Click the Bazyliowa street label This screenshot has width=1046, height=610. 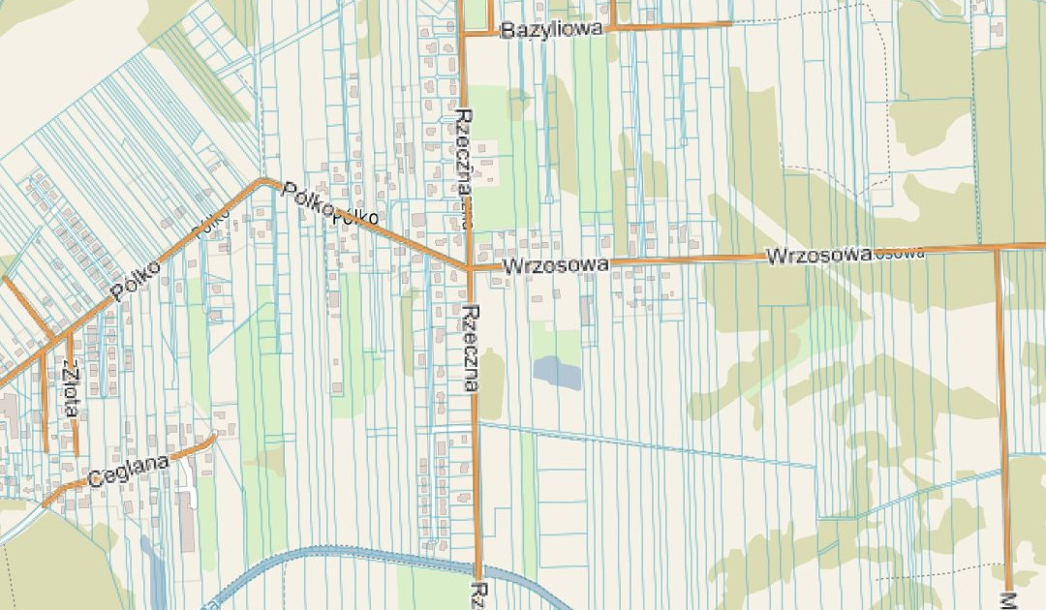[551, 30]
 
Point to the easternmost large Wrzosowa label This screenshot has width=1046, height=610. [818, 256]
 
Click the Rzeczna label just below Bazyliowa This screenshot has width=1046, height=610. [464, 145]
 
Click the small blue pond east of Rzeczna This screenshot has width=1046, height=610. [556, 372]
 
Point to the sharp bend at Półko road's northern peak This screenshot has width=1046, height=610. [262, 181]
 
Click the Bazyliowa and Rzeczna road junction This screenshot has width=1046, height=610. [463, 33]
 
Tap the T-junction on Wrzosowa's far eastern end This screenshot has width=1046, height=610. [997, 248]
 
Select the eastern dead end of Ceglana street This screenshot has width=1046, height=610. [214, 436]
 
